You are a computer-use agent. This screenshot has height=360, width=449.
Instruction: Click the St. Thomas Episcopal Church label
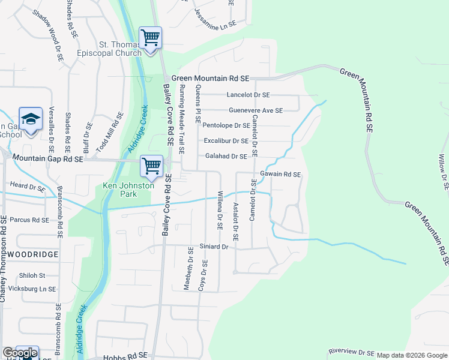[x=120, y=48]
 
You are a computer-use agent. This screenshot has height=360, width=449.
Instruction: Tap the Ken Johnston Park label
[x=128, y=190]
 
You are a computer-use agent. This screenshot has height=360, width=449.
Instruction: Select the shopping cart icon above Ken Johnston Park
[x=151, y=166]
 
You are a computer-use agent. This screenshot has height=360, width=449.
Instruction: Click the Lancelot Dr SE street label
[x=249, y=95]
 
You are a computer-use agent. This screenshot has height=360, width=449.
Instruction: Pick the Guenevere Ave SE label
[x=255, y=110]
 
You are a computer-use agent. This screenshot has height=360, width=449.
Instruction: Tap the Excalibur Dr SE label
[x=226, y=141]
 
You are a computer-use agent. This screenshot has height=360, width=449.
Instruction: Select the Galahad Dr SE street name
[x=226, y=157]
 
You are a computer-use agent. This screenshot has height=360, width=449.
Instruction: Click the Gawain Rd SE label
[x=280, y=175]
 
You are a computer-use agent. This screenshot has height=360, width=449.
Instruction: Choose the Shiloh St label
[x=33, y=275]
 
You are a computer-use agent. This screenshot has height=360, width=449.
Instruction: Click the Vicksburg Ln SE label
[x=38, y=289]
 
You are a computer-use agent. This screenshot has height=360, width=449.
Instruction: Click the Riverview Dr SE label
[x=352, y=353]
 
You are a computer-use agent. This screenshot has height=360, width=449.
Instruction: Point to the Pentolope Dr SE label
[x=226, y=125]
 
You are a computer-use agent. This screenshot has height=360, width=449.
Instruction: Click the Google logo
[x=19, y=353]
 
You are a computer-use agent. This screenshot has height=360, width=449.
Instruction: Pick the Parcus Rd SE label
[x=29, y=220]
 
